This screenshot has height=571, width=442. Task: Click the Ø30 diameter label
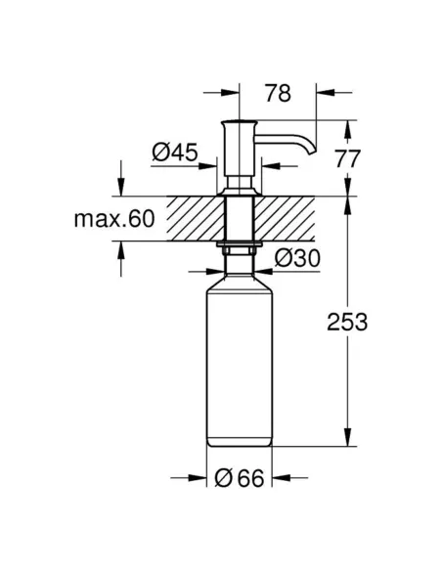pyautogui.click(x=295, y=259)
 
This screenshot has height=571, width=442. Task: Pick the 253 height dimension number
pyautogui.click(x=347, y=323)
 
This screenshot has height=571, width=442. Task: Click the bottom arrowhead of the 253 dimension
pyautogui.click(x=348, y=444)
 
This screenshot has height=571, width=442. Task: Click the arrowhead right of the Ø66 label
pyautogui.click(x=281, y=478)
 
